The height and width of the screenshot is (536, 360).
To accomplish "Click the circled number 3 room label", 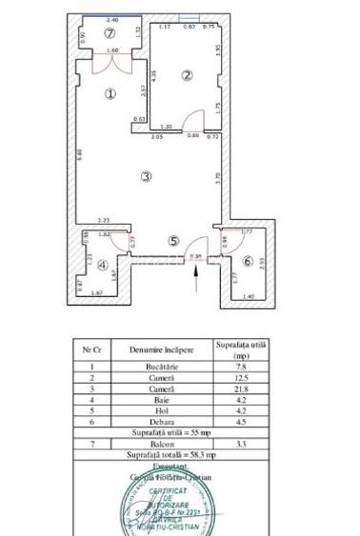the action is tap(145, 176).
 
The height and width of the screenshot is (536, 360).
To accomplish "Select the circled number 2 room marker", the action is tap(189, 75).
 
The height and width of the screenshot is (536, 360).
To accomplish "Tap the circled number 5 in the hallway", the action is tap(173, 241).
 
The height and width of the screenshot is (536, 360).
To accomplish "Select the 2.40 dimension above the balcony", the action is tap(112, 19).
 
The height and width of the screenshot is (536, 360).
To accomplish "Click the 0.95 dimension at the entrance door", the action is tap(196, 255).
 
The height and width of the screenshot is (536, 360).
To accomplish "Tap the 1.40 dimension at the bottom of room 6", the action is tap(249, 299).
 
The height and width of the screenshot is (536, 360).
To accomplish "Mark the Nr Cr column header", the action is tap(91, 349).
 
